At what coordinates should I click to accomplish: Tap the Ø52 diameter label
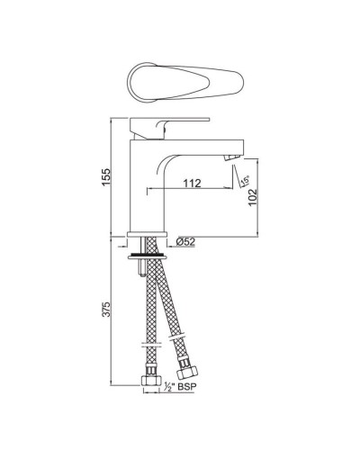[x=187, y=240]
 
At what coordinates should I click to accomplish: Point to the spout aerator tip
[x=234, y=158]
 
